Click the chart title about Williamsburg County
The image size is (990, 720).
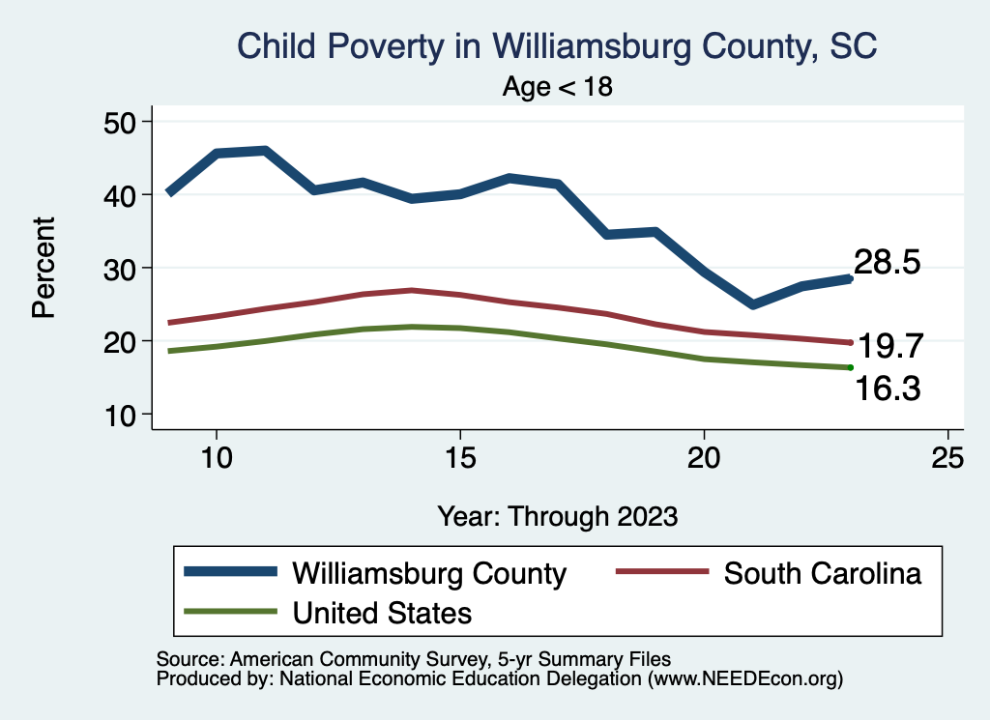pos(557,47)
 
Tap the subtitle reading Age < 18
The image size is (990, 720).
pos(558,87)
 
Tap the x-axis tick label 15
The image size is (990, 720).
pos(460,458)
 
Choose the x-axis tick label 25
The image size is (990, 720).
pos(947,458)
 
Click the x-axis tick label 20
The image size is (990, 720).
pos(704,458)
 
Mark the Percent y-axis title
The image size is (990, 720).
pos(43,268)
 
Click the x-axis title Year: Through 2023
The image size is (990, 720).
pos(557,515)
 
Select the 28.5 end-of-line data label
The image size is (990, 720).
pos(886,263)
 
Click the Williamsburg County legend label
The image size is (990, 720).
pos(429,573)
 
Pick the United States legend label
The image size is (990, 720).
pos(382,612)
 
